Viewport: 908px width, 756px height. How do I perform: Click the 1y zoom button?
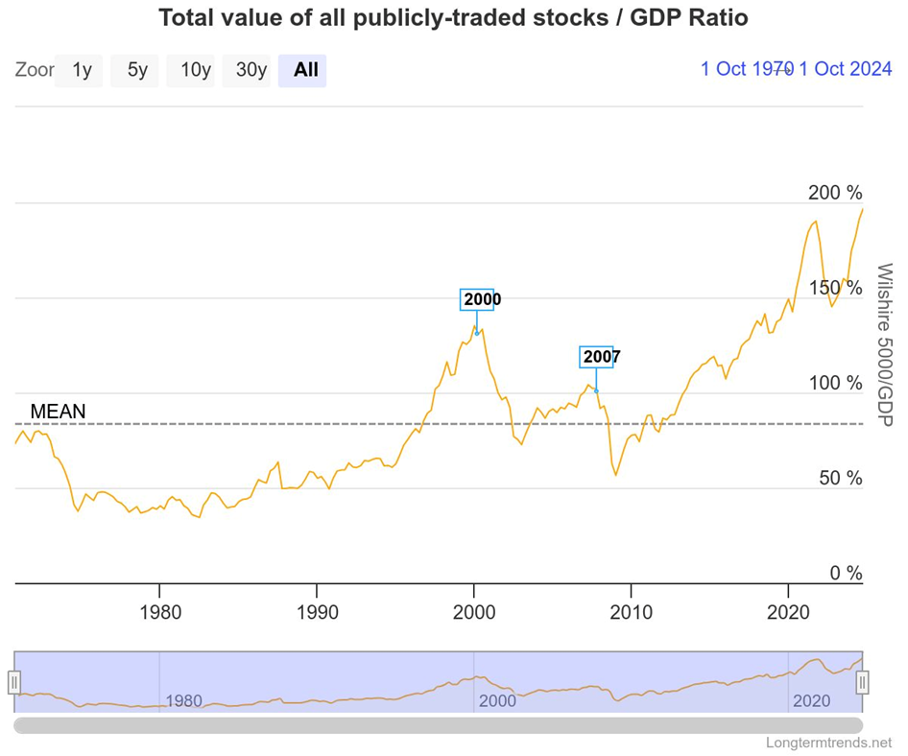(82, 70)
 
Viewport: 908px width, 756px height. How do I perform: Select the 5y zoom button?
(137, 70)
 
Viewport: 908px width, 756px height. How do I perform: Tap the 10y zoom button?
(195, 70)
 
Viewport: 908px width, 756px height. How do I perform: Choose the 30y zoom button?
(251, 70)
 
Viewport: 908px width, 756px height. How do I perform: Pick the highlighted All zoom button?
(306, 70)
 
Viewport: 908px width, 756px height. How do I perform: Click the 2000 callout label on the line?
(482, 299)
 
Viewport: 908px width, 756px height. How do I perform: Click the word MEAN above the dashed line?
(58, 411)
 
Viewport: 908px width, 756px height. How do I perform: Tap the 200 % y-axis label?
(835, 193)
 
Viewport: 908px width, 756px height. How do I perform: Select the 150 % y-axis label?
(835, 288)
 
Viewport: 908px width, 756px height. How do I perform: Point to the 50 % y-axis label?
(840, 478)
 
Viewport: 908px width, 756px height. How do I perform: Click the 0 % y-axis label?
(845, 573)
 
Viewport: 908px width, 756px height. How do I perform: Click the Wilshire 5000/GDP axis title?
(884, 346)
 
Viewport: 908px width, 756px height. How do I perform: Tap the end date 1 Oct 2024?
(846, 69)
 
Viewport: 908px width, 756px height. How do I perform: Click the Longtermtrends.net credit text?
(829, 743)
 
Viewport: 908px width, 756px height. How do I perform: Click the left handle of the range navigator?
(14, 682)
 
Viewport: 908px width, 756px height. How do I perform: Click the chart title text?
(453, 18)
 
